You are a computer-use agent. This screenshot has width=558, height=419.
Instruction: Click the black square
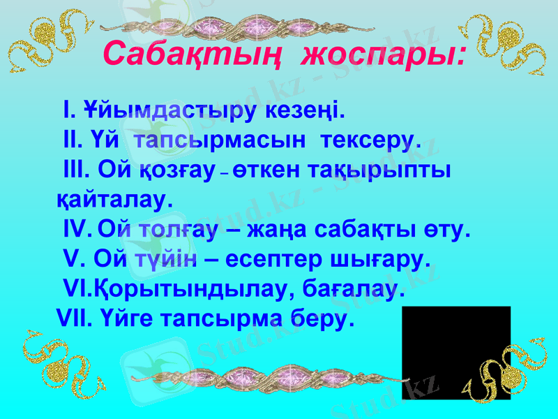456,353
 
